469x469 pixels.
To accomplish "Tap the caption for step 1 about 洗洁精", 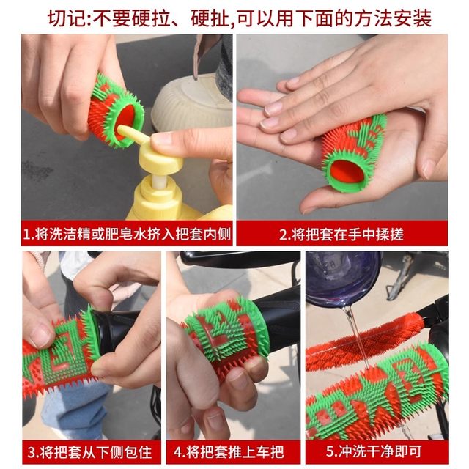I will [126, 234].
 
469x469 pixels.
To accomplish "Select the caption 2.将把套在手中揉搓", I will [341, 234].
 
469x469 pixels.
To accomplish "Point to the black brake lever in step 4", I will [234, 258].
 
